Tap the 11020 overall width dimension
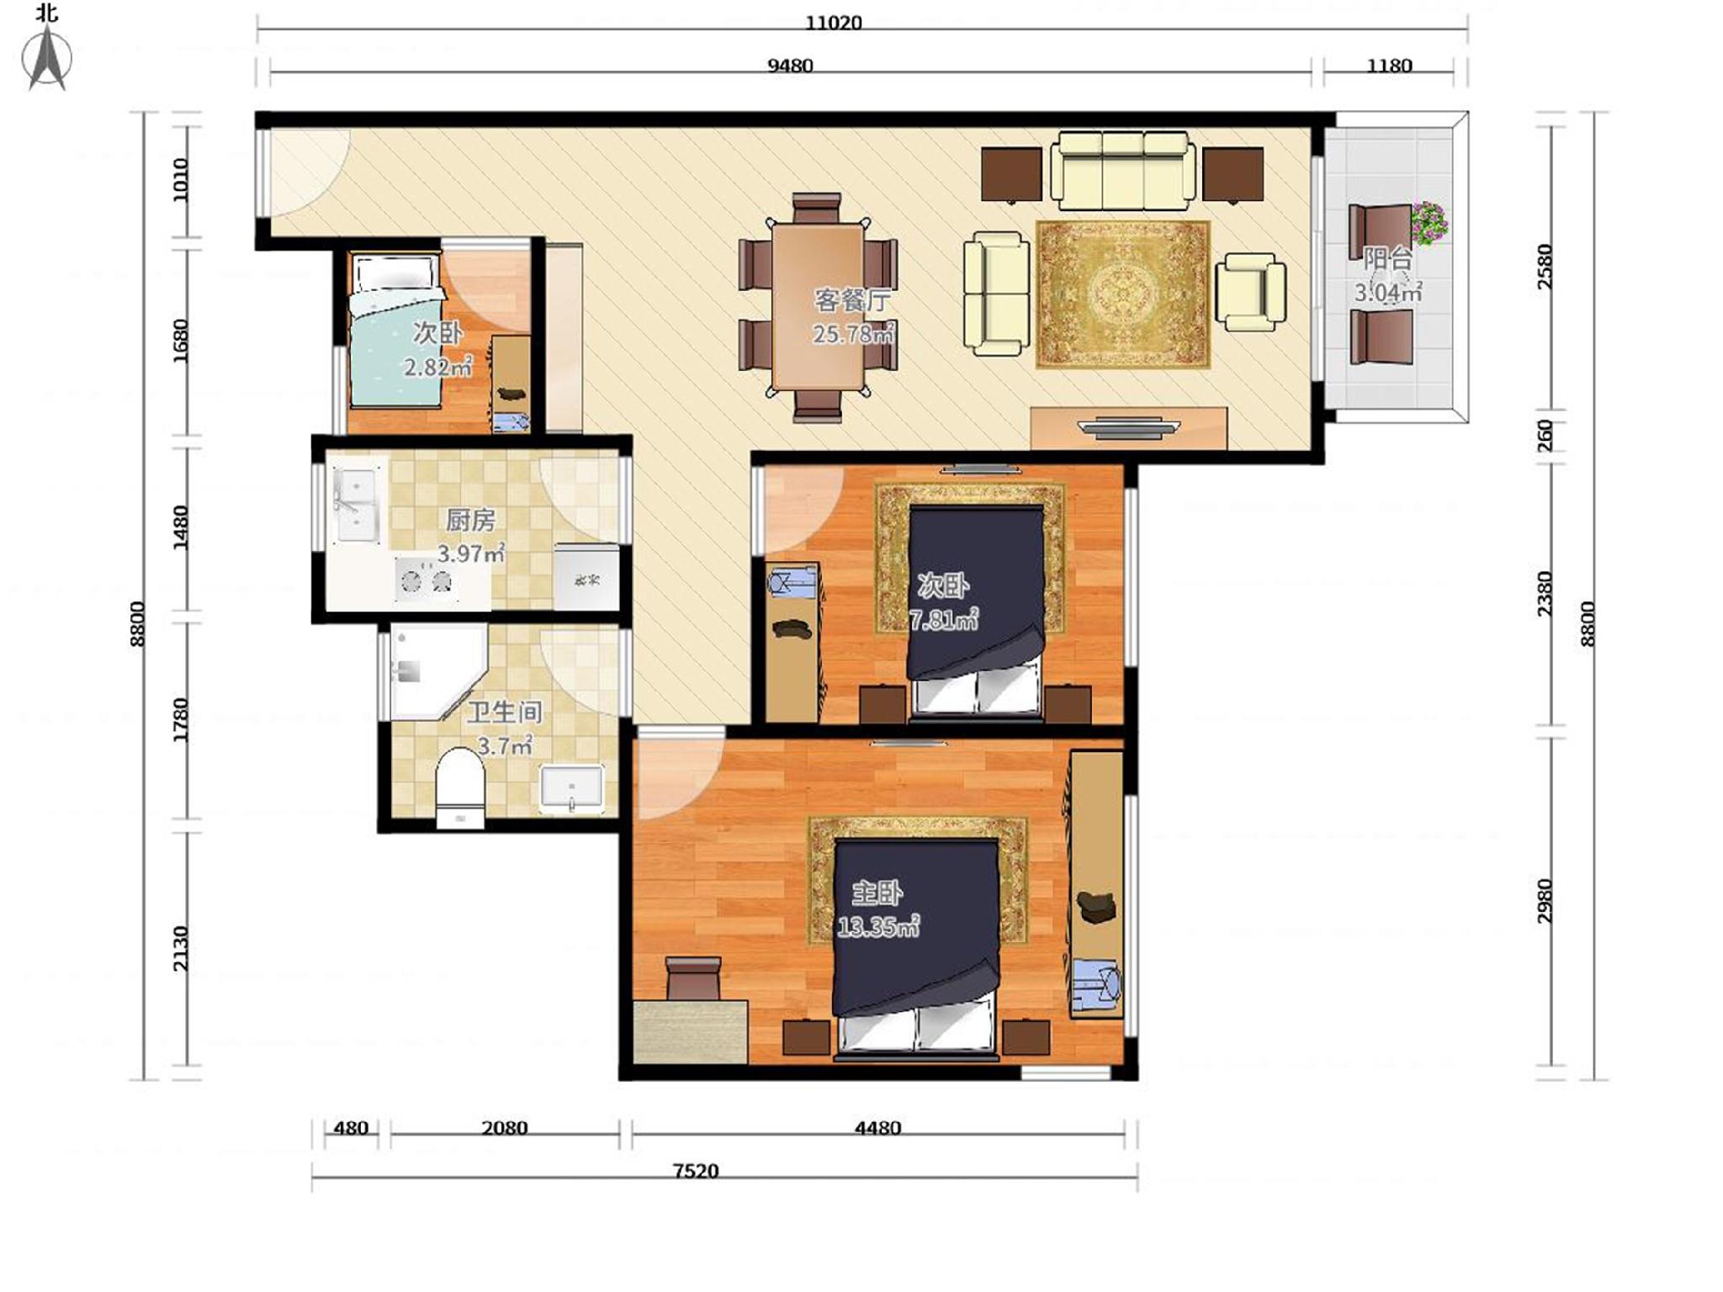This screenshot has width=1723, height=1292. [x=834, y=23]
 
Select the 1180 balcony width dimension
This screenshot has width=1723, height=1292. [x=1389, y=66]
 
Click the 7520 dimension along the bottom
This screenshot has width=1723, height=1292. [x=696, y=1171]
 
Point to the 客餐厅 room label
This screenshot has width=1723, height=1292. [x=852, y=300]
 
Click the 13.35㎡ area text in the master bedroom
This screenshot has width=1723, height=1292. [x=877, y=927]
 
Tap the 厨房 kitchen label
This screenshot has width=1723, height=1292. [x=470, y=521]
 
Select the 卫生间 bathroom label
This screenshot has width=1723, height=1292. [x=505, y=712]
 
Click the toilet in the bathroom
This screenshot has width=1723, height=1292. [x=460, y=788]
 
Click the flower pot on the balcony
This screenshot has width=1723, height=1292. [x=1429, y=222]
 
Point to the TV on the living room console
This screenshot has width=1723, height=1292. [x=1129, y=428]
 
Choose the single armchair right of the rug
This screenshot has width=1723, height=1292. [x=1251, y=291]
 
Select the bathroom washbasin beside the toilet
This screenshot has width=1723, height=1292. [x=572, y=788]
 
